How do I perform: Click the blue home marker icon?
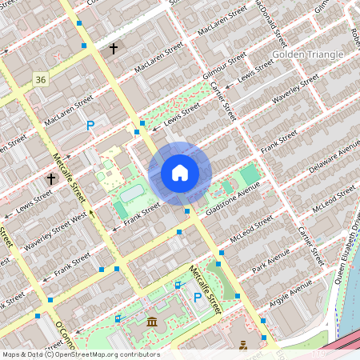click(x=180, y=172)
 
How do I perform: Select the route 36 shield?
click(x=41, y=78)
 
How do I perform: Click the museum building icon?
click(x=151, y=322)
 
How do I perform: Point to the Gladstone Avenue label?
click(x=233, y=198)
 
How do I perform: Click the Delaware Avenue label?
click(x=333, y=160)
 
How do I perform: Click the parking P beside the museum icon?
click(x=197, y=298)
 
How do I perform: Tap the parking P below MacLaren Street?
click(x=90, y=126)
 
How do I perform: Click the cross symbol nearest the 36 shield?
click(x=114, y=49)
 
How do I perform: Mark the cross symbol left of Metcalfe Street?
click(x=51, y=178)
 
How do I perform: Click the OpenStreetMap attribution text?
click(x=80, y=354)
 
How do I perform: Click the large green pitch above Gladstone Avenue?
click(x=250, y=174)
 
